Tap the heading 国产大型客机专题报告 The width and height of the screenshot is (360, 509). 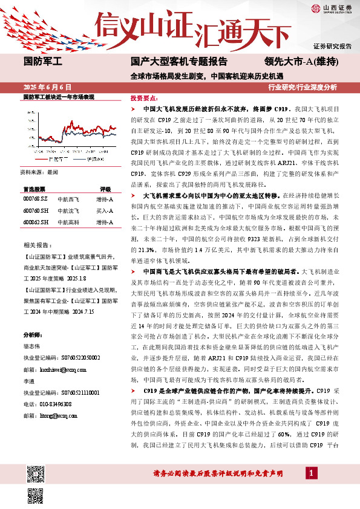point(179,61)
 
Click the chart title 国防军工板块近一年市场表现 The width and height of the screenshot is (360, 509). point(58,97)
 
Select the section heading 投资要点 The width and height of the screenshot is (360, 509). point(143,97)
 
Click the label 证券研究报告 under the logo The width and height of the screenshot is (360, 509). point(332,46)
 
